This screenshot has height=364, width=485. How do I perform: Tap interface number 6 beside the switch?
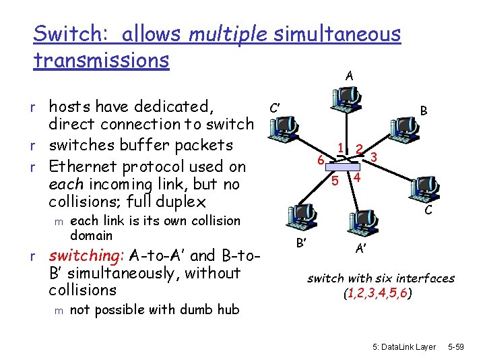point(321,160)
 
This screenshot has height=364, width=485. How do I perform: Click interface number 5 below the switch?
point(335,180)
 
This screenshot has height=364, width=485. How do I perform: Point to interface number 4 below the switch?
point(357,177)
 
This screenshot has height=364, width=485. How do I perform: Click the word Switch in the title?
point(64,34)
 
